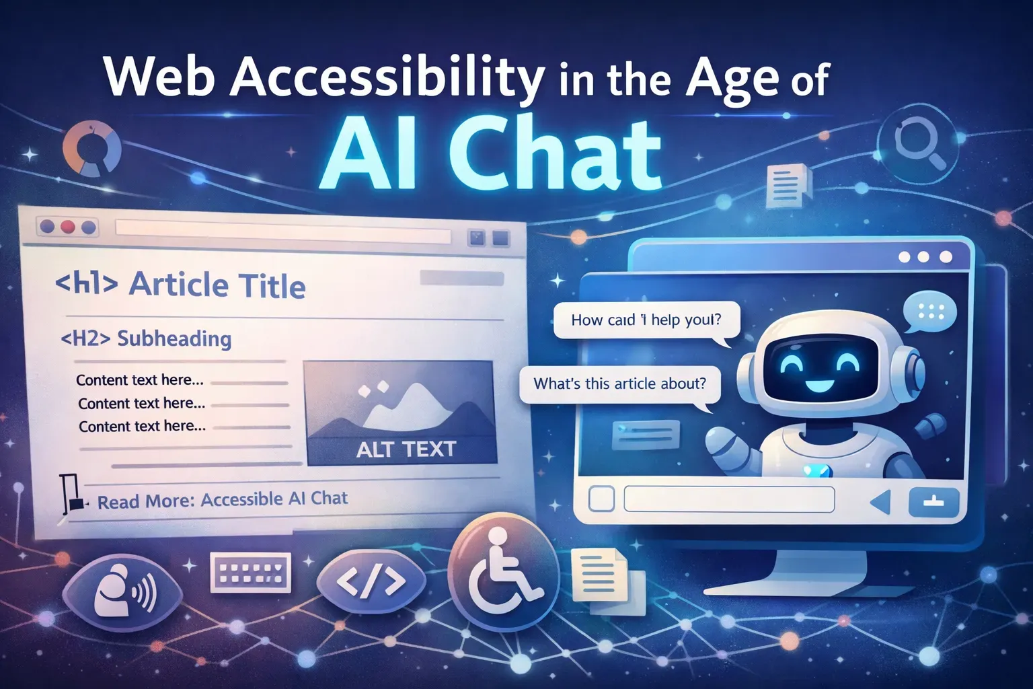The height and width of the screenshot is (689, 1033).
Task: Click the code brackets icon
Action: [371, 580]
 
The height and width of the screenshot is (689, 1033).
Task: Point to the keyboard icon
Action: [250, 573]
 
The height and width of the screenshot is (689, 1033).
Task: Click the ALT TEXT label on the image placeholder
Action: [406, 449]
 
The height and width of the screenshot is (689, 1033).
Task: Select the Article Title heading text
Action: [217, 285]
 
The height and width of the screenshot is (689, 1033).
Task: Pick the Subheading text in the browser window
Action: [174, 338]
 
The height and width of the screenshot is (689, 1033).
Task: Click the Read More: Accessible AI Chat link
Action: [223, 500]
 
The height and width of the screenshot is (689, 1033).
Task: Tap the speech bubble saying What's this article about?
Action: [619, 384]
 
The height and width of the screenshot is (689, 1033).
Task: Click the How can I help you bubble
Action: [646, 320]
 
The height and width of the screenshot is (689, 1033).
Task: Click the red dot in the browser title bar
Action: [67, 227]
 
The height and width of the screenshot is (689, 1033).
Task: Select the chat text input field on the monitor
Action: [729, 500]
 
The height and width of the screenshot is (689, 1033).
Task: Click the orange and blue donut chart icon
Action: [92, 149]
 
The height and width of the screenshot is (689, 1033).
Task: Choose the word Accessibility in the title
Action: [387, 77]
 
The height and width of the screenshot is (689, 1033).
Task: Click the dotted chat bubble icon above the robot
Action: [929, 312]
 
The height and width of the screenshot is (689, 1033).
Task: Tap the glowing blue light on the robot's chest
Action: [818, 472]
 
